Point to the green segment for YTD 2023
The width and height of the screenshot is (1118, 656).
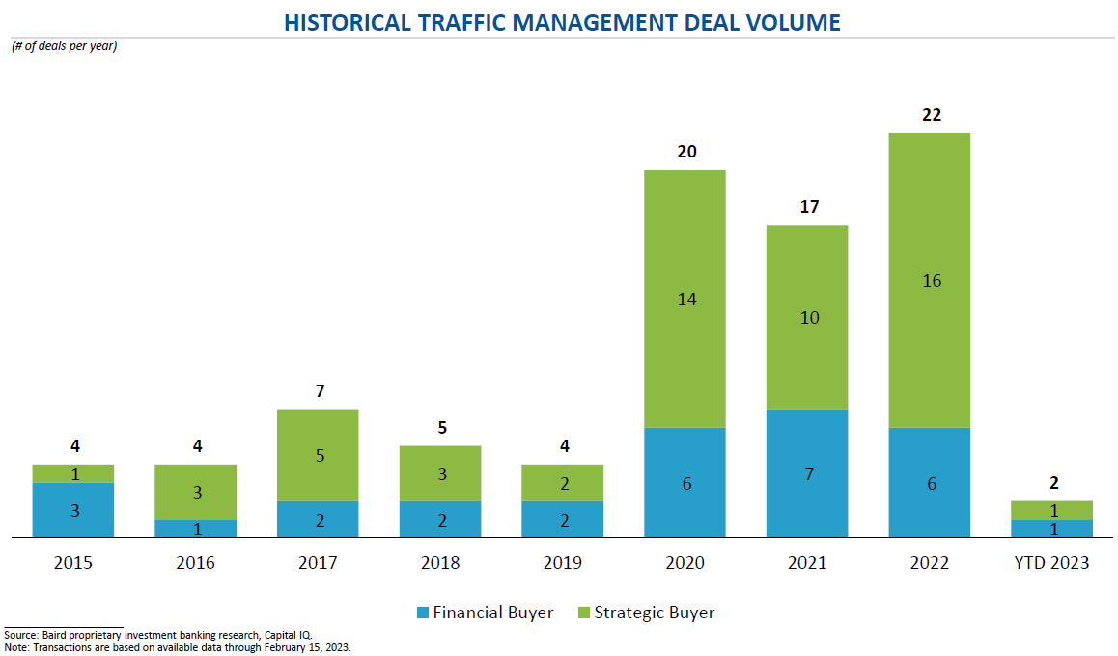point(1052,510)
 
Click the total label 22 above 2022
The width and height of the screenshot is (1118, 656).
point(931,115)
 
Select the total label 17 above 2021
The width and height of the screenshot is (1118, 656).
point(808,207)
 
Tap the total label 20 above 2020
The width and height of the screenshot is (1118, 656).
point(686,152)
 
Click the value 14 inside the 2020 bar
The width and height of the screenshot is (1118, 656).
point(686,299)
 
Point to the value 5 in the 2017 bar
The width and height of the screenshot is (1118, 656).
point(319,456)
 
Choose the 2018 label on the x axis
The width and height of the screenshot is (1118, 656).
point(441,563)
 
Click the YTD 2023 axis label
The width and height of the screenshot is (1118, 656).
point(1051,563)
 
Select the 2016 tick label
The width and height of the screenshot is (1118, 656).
point(196,563)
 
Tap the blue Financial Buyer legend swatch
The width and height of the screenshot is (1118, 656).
point(422,613)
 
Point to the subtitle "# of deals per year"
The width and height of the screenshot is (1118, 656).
point(64,46)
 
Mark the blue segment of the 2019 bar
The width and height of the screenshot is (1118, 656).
point(563,520)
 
